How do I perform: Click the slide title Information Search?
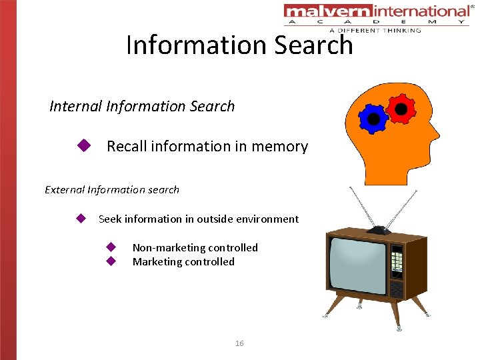(x=239, y=45)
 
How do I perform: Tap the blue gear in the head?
(x=373, y=119)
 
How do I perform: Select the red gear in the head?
(x=401, y=108)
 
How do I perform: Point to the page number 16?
(x=239, y=343)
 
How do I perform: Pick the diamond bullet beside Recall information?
(x=83, y=145)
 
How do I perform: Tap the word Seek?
(x=110, y=219)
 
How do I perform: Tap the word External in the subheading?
(x=65, y=189)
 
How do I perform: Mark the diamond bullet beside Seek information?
(x=81, y=218)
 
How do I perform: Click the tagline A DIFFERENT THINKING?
(x=375, y=30)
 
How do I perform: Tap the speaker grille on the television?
(x=396, y=289)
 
